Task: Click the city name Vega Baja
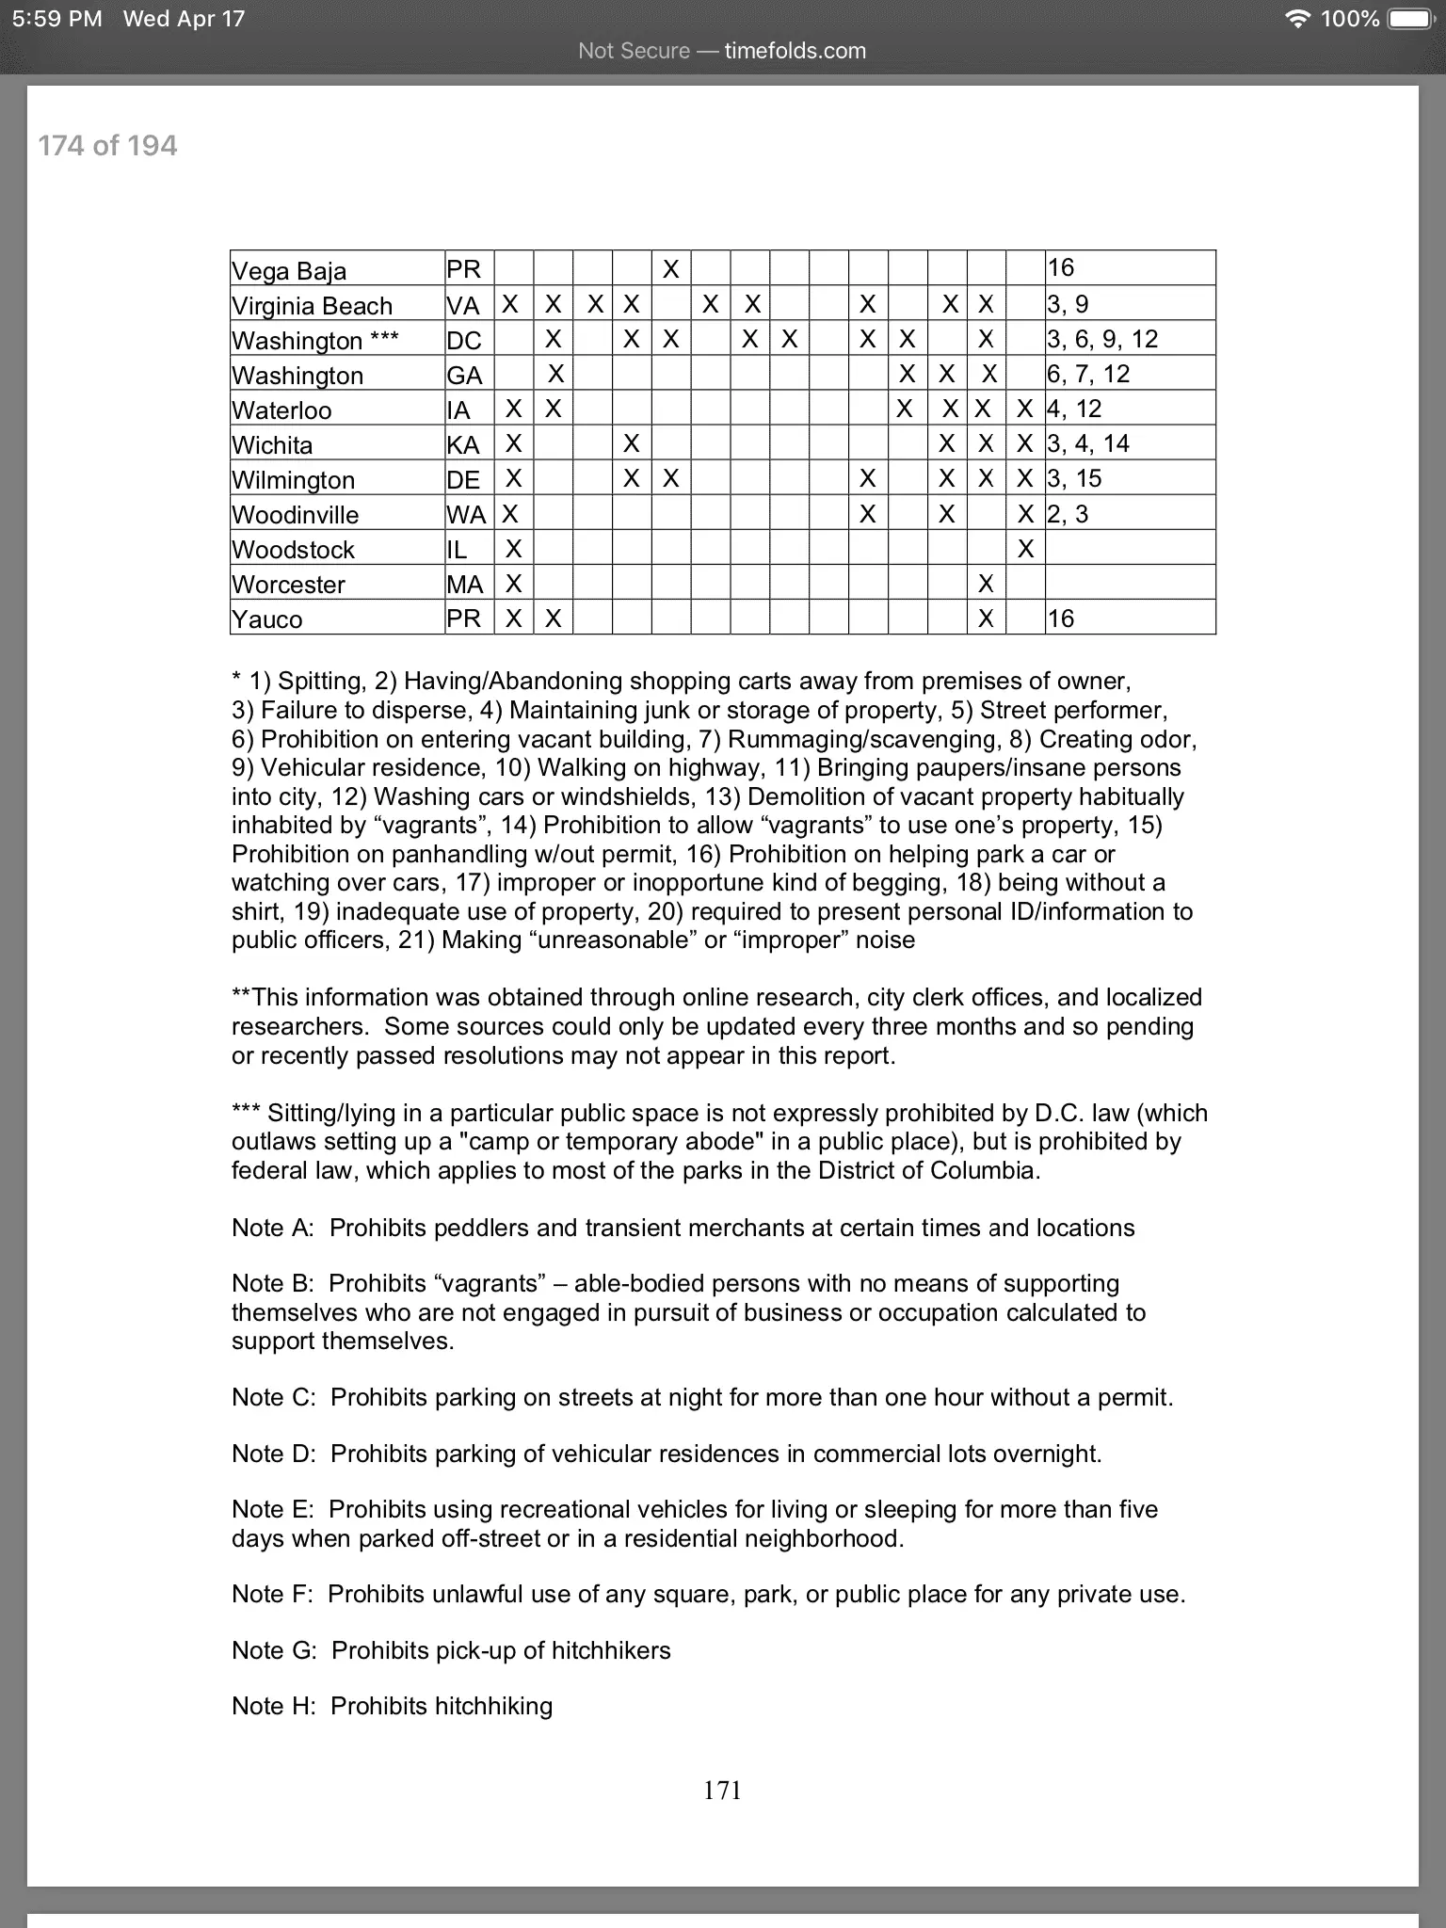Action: [x=289, y=271]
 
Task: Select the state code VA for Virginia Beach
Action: [x=462, y=305]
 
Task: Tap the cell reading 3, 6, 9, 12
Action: [x=1102, y=339]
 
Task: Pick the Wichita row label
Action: [x=272, y=445]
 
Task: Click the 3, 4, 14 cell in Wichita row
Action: [x=1088, y=443]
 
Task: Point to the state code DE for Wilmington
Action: [x=462, y=480]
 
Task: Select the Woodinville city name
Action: [x=295, y=515]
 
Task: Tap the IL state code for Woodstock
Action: [x=457, y=550]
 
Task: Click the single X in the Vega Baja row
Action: [x=670, y=269]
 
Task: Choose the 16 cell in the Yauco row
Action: [x=1061, y=619]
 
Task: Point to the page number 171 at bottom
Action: [x=722, y=1791]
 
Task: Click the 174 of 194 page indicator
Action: [x=107, y=146]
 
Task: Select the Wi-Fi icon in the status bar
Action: [x=1298, y=19]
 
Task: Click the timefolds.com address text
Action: [x=795, y=51]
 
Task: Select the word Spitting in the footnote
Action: [x=319, y=681]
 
